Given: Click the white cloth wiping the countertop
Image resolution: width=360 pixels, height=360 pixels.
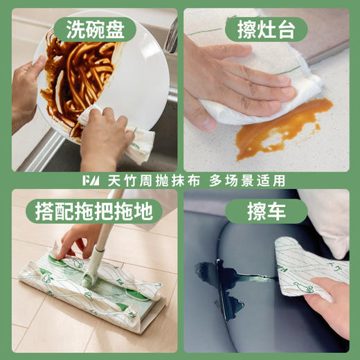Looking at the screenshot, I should click(263, 97).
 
